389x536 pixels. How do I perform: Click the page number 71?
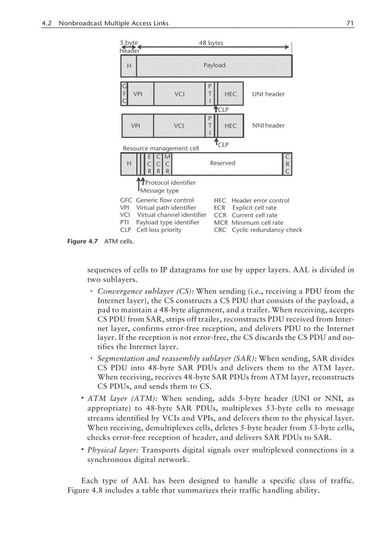(x=350, y=23)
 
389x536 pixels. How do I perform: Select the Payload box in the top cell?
(x=214, y=65)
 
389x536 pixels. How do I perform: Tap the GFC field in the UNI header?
(x=124, y=94)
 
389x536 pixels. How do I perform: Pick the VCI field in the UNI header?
(x=179, y=94)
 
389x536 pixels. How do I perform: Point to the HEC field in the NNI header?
(x=230, y=126)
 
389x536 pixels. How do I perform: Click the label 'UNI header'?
(x=268, y=94)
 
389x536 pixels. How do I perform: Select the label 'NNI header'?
(x=268, y=126)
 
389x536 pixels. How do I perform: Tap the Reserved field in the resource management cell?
(x=223, y=163)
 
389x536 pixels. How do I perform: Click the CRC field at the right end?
(x=287, y=163)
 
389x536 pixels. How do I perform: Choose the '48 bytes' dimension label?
(x=211, y=43)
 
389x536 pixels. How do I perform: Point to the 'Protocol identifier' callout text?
(x=170, y=182)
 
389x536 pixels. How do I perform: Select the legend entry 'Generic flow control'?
(x=165, y=200)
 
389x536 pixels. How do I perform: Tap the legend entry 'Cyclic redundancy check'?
(x=266, y=230)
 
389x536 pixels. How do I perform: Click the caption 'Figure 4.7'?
(x=82, y=242)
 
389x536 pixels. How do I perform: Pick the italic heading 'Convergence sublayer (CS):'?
(x=145, y=291)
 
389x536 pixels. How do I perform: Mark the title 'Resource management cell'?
(x=161, y=148)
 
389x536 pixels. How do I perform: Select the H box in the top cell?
(x=129, y=65)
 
